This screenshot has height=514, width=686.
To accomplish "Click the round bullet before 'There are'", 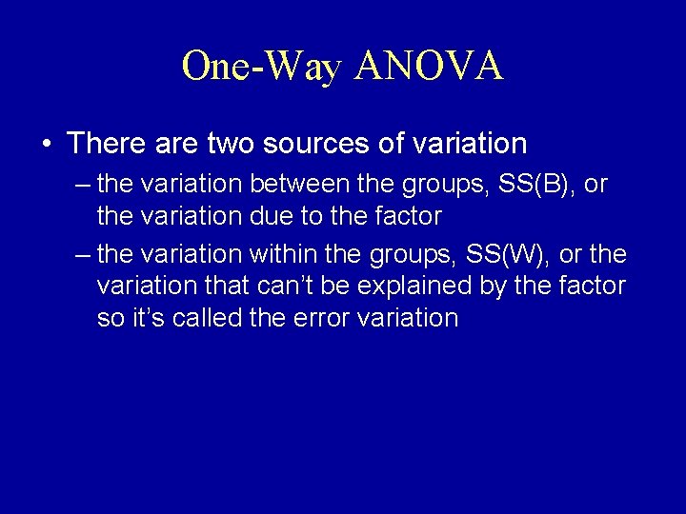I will click(x=47, y=144).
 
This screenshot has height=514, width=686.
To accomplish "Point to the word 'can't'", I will click(x=288, y=286).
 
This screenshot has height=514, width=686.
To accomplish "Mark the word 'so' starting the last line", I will click(x=111, y=317).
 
